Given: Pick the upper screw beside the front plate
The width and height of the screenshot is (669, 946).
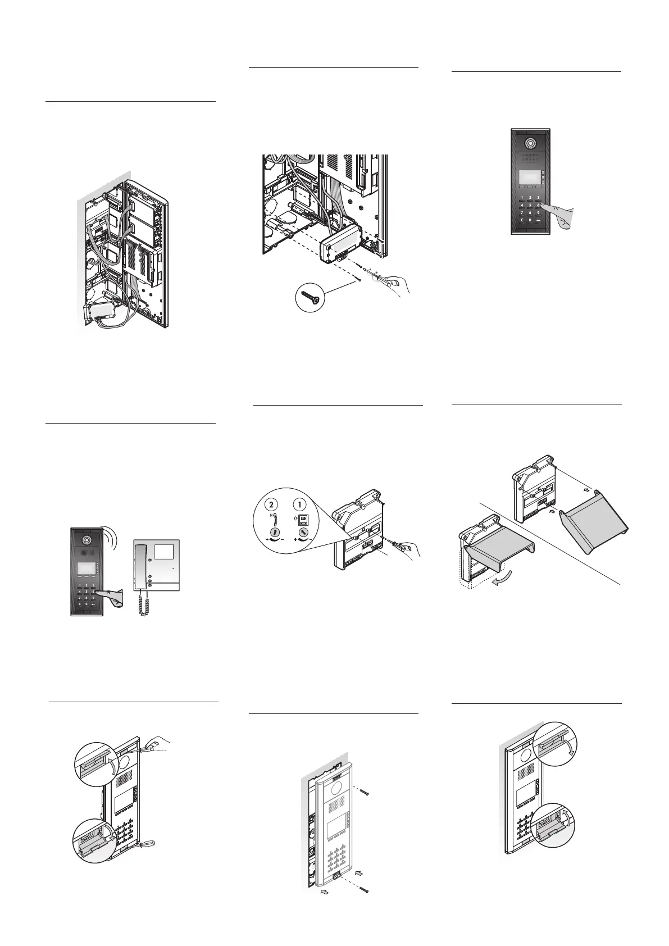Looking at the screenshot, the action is point(364,792).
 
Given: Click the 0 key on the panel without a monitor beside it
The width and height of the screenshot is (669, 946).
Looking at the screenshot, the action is point(530,220).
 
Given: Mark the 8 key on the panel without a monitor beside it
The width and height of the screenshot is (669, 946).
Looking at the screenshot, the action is point(530,213).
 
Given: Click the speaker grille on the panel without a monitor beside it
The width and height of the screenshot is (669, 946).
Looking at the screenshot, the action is point(530,158).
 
